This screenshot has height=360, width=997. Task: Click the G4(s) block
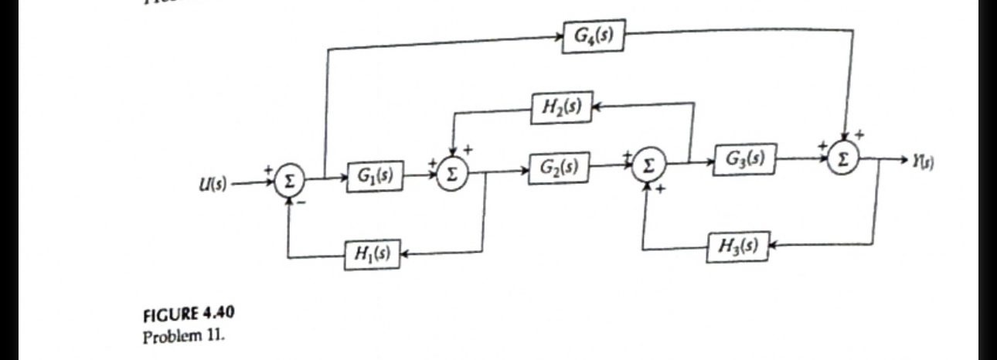click(x=593, y=38)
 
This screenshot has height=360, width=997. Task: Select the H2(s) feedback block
click(x=561, y=106)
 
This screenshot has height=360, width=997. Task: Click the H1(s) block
click(x=371, y=254)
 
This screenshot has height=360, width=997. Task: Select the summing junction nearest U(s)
click(x=290, y=183)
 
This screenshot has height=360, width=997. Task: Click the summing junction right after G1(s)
click(x=453, y=175)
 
